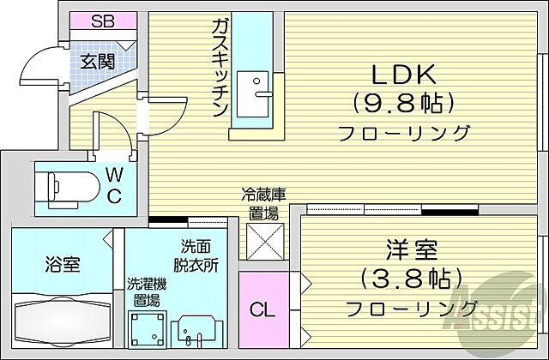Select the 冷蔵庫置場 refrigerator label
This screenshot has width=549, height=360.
click(x=263, y=202)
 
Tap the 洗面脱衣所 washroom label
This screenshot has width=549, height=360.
click(x=199, y=255)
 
